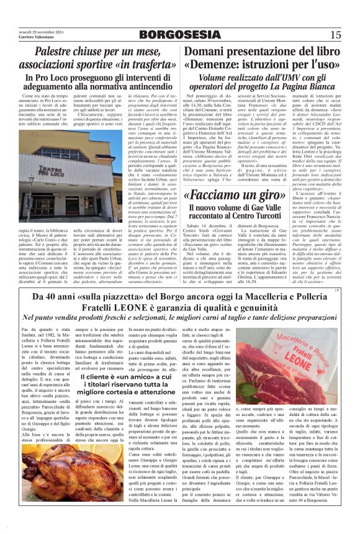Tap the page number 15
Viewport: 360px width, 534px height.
(336, 35)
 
